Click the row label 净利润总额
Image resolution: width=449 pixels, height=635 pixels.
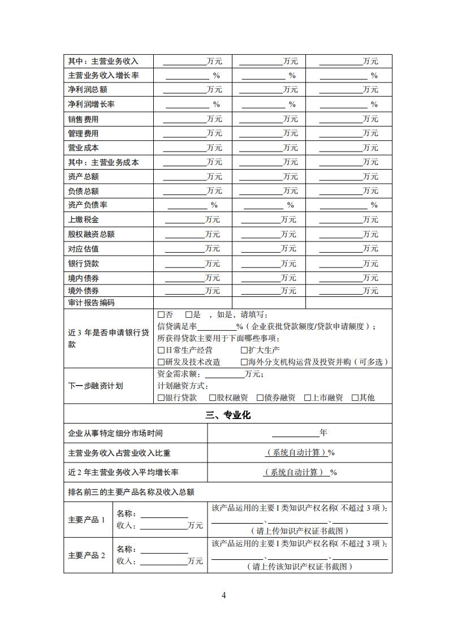point(88,90)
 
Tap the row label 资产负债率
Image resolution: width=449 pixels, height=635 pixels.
point(88,205)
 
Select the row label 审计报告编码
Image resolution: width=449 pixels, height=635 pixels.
point(91,303)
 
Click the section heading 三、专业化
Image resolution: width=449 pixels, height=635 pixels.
point(228,416)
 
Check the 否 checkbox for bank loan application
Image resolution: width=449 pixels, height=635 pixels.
point(161,315)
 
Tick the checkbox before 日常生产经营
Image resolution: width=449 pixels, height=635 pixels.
point(161,351)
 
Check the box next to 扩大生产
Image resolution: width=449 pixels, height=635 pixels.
point(244,351)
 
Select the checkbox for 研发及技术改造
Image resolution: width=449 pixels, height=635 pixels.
point(161,362)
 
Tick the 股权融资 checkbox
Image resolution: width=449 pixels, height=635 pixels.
point(213,398)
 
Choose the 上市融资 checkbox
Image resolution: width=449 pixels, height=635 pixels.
point(308,398)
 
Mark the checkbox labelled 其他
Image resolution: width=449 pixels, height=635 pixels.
point(355,398)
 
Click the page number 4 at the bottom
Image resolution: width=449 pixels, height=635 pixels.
point(224,595)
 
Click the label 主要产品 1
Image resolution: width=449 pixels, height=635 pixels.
point(87,520)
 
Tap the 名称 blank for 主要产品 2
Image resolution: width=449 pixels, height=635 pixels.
point(164,551)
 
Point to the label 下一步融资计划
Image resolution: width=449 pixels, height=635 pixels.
point(95,386)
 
